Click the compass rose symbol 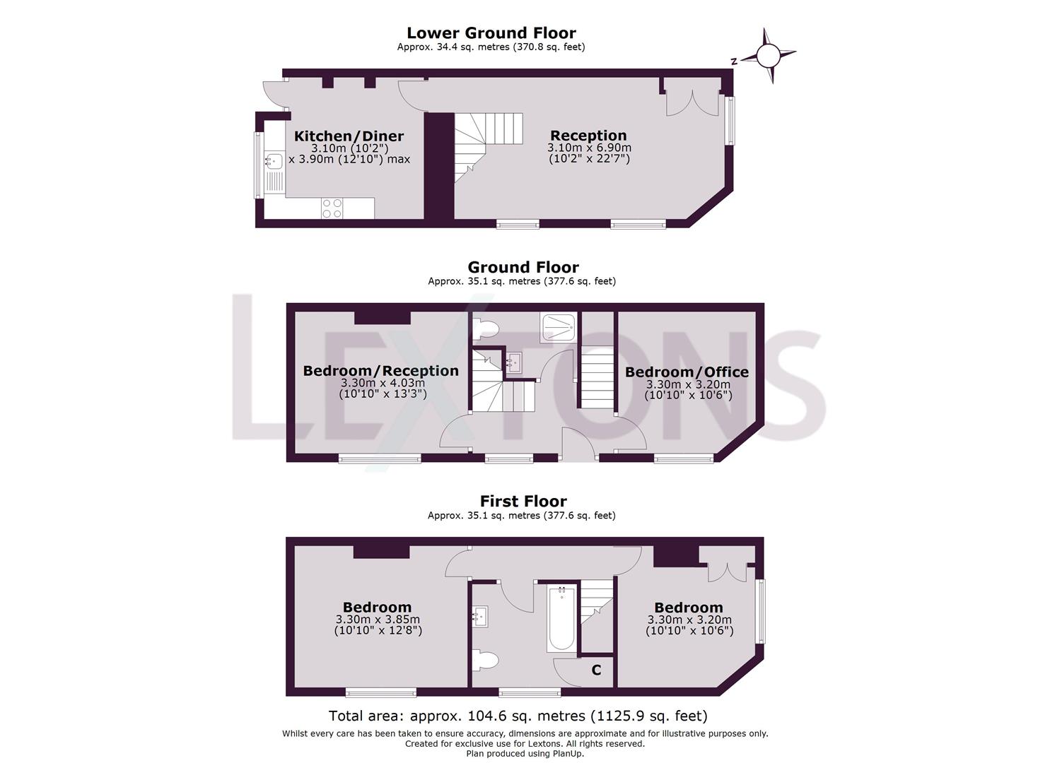point(769,55)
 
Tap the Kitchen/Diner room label point(349,136)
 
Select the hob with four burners point(332,208)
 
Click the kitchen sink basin point(274,161)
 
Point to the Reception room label point(588,136)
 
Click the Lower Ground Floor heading point(491,33)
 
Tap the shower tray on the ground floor point(559,326)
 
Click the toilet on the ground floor point(486,328)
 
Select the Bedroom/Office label point(687,372)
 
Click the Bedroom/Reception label point(380,371)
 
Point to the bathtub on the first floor point(561,618)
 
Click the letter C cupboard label point(596,670)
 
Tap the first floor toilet point(485,661)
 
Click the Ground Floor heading point(523,267)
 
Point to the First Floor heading point(523,501)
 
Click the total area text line point(518,716)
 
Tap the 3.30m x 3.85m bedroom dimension point(378,620)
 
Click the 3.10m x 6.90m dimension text point(588,148)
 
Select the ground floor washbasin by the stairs point(514,362)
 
